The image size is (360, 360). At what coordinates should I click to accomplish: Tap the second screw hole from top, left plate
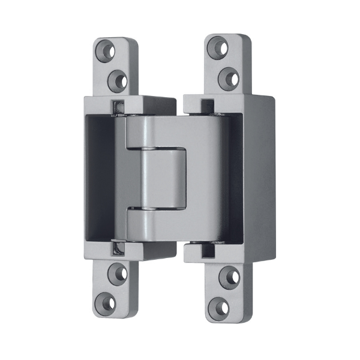pos(118,78)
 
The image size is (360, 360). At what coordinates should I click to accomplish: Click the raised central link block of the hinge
pos(164,177)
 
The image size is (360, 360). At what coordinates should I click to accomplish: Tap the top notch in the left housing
pos(118,107)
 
